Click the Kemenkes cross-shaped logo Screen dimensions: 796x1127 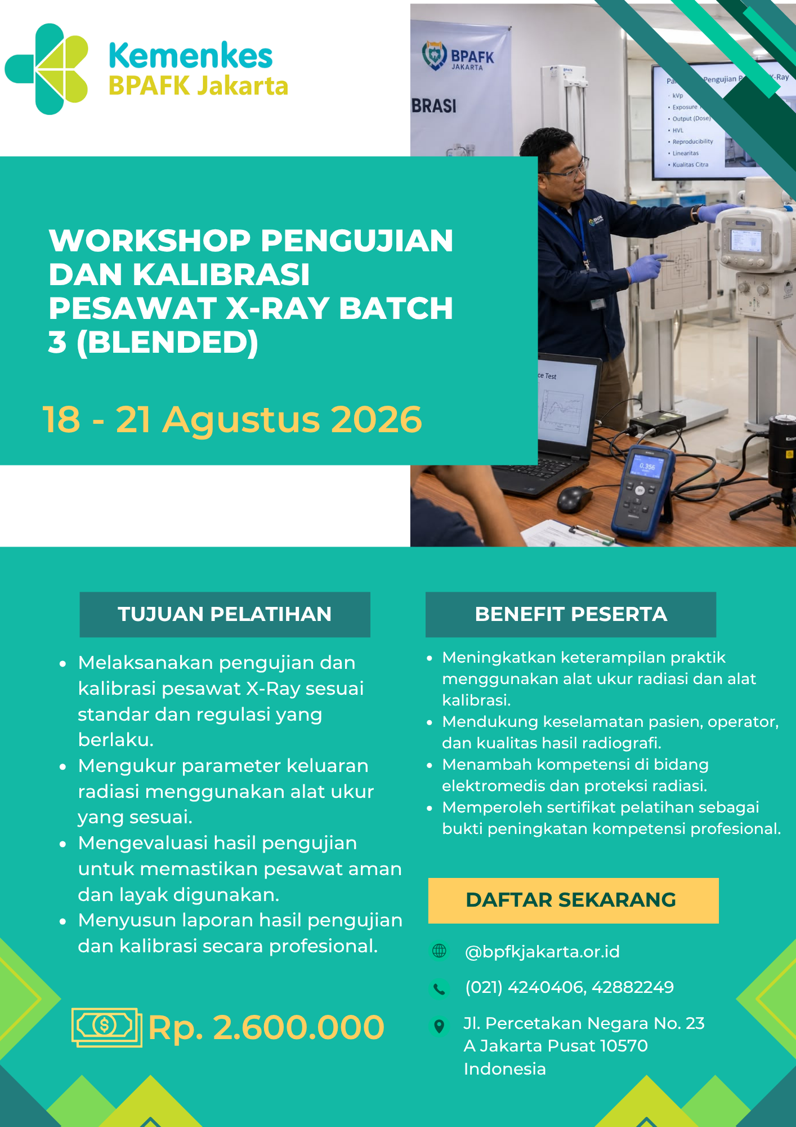[47, 69]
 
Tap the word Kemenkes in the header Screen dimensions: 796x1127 [191, 56]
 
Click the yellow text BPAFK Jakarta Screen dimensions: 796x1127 [198, 86]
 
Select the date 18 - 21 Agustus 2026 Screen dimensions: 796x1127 [232, 420]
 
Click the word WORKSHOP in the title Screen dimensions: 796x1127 [149, 241]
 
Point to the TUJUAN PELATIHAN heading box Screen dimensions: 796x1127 [225, 614]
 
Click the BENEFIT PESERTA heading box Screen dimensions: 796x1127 [571, 614]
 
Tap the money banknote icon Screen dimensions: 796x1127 [106, 1027]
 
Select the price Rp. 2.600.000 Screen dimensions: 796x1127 [266, 1027]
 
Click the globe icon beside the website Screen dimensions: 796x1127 [439, 951]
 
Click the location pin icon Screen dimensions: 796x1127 [439, 1026]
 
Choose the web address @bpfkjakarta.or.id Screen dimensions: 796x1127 [542, 952]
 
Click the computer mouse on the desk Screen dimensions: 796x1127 [574, 499]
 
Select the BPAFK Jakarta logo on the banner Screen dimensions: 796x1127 [458, 56]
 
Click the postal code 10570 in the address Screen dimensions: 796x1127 [624, 1046]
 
